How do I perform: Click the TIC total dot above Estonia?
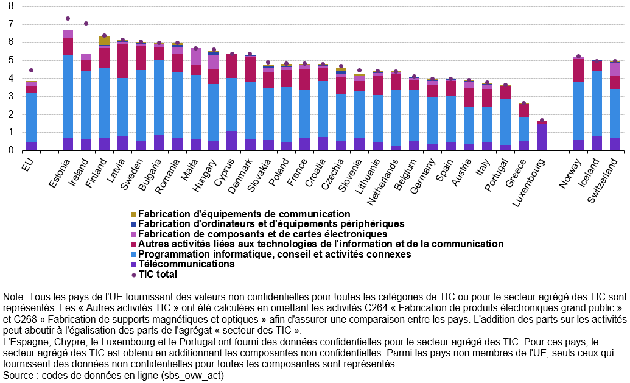tap(68, 18)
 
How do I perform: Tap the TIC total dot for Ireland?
tap(86, 23)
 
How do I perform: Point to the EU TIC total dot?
tap(31, 71)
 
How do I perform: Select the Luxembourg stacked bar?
tap(542, 135)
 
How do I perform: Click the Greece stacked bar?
tap(523, 127)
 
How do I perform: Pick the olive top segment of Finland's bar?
tap(105, 41)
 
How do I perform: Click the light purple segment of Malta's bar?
tap(195, 57)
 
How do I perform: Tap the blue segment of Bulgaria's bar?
tap(159, 97)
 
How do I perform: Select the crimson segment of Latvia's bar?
tap(122, 61)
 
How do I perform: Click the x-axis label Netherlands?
tap(382, 181)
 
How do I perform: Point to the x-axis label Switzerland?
tap(602, 180)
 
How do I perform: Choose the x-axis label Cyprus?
tap(223, 172)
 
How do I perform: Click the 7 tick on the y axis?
tap(11, 24)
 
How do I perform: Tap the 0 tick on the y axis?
tap(11, 150)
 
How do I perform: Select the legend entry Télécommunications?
tap(183, 264)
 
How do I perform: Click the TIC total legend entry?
tap(154, 275)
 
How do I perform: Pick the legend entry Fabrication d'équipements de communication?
tap(240, 214)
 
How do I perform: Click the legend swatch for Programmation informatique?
tap(134, 255)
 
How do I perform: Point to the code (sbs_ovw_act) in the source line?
tap(192, 376)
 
